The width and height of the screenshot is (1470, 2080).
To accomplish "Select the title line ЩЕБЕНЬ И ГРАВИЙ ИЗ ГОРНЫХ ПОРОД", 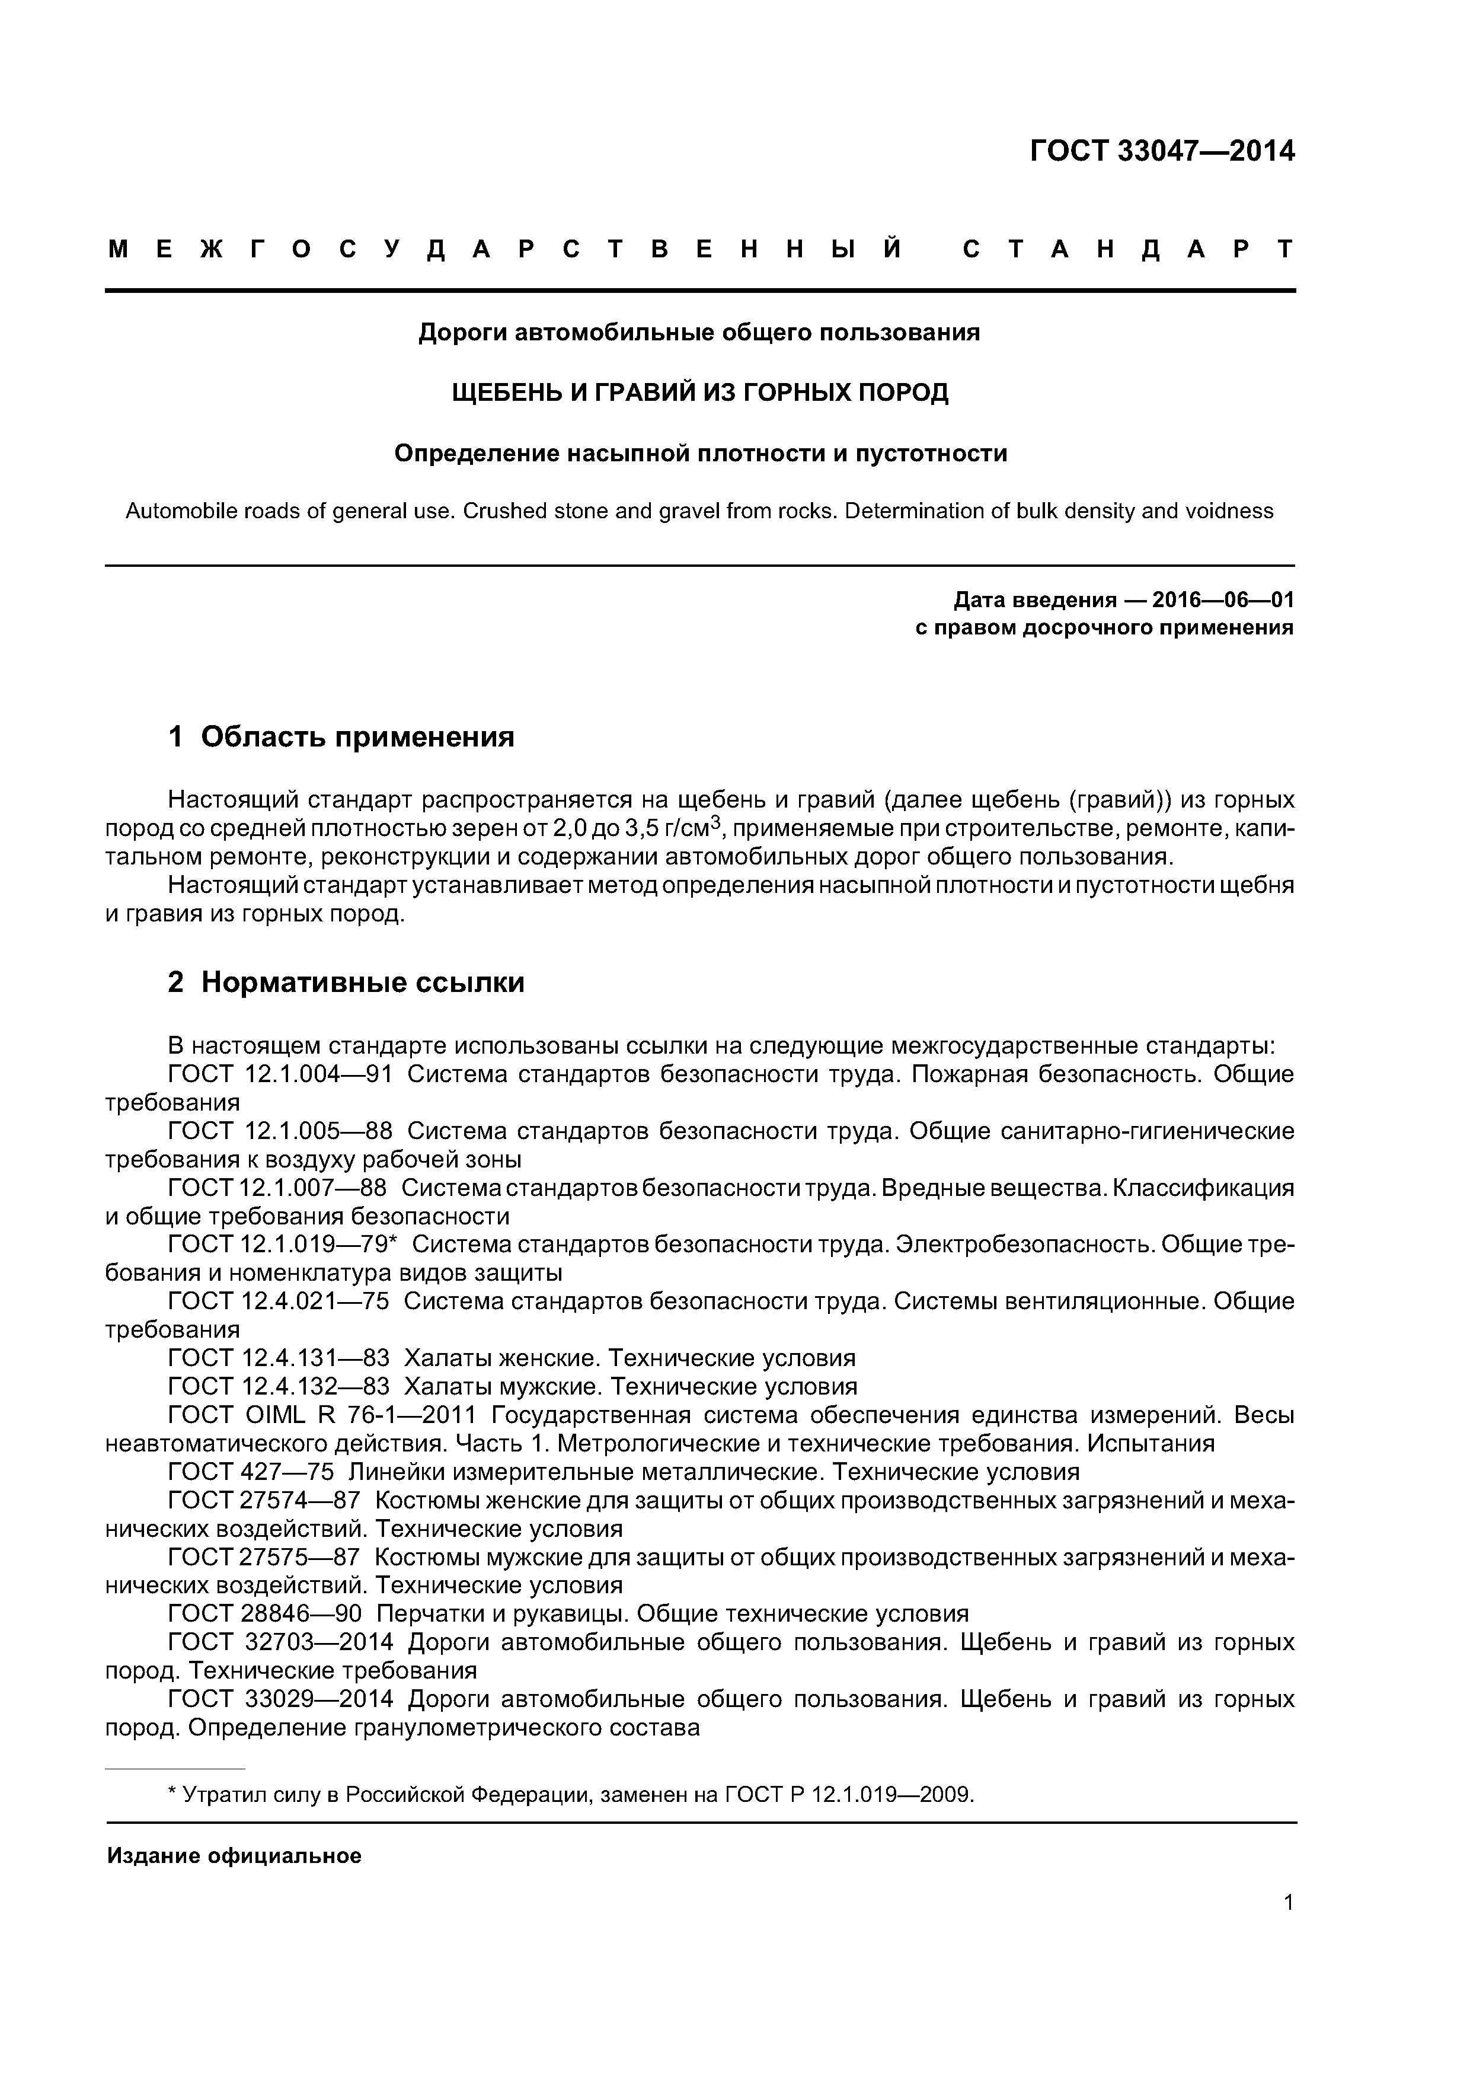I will coord(700,393).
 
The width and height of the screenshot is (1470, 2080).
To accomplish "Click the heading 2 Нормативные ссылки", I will coord(346,982).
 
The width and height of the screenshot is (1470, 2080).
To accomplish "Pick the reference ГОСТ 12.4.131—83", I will coord(279,1358).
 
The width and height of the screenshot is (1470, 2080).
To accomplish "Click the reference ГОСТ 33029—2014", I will coord(281,1699).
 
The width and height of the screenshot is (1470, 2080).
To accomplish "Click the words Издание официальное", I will coord(234,1856).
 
